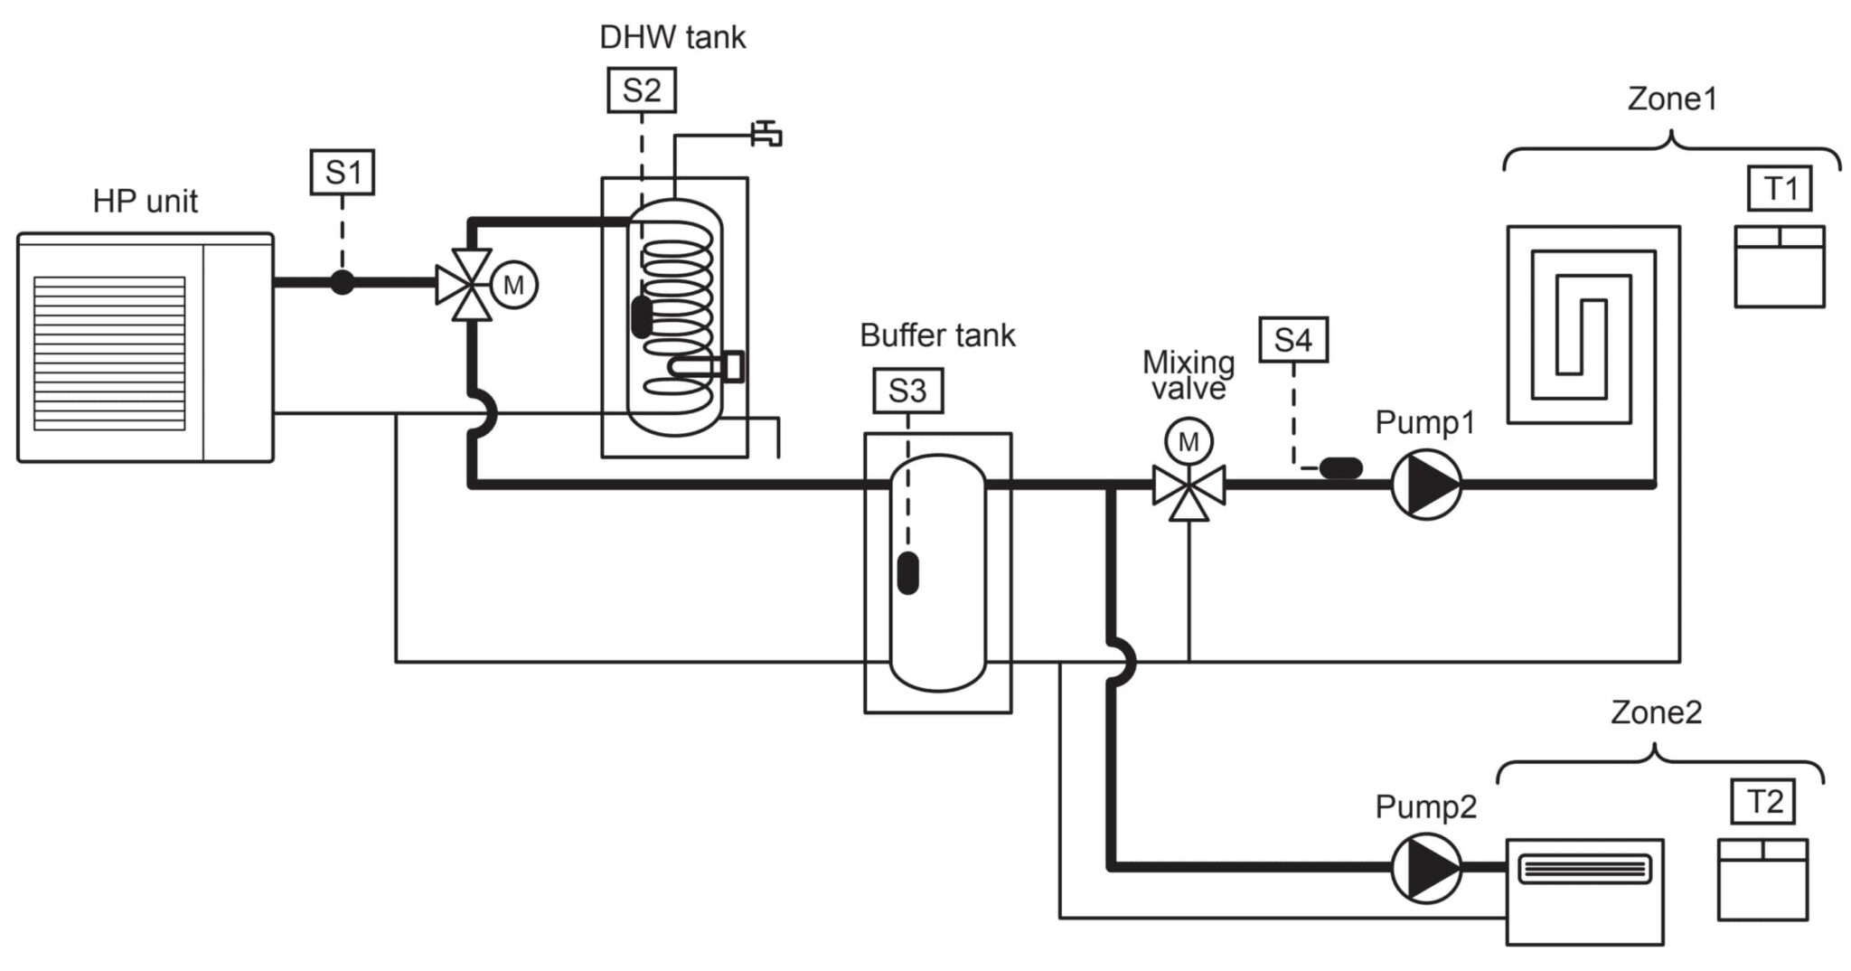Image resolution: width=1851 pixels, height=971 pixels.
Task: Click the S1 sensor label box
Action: [342, 172]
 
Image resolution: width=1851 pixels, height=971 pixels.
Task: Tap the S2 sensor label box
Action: [641, 90]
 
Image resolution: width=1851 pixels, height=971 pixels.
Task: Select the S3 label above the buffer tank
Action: [907, 391]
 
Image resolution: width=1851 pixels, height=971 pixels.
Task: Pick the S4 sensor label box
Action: [1292, 340]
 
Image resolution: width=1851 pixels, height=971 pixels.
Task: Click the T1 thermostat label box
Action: [1780, 188]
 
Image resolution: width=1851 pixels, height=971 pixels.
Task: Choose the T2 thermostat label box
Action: [1763, 801]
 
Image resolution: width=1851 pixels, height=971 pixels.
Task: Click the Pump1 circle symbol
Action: [1425, 485]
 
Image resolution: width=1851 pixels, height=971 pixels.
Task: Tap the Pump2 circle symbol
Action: [1425, 868]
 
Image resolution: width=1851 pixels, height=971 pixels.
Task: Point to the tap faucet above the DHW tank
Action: [766, 134]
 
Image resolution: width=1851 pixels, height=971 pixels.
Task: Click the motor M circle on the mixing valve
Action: [1189, 441]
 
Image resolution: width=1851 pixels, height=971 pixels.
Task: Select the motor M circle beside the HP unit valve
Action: [513, 285]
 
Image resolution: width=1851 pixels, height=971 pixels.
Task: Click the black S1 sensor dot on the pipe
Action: [342, 282]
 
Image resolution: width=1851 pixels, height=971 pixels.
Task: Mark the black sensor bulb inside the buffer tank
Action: [907, 572]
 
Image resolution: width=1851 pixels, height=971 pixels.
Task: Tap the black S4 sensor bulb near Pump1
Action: [1340, 467]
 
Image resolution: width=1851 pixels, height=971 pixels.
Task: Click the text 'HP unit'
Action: [145, 201]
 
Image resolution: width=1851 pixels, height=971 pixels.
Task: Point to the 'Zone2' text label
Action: [1656, 712]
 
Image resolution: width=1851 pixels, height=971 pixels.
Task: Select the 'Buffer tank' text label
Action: [937, 335]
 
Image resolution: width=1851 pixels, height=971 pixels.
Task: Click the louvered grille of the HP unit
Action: [109, 354]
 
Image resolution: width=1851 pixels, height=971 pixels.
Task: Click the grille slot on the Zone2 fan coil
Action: [1584, 870]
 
